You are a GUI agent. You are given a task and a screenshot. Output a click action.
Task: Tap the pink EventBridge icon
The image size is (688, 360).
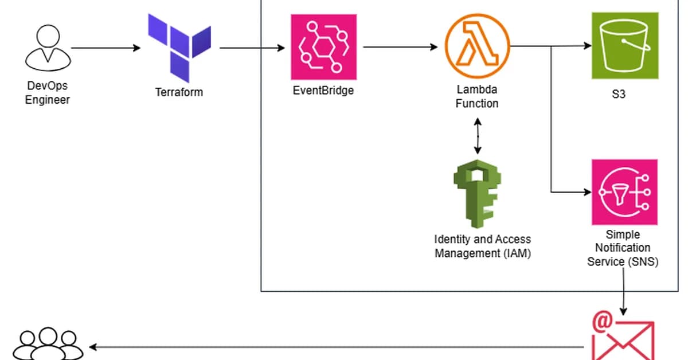click(323, 47)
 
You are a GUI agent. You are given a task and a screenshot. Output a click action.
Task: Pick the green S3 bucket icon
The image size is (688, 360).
click(625, 46)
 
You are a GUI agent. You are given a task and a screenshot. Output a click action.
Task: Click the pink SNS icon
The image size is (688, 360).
click(625, 192)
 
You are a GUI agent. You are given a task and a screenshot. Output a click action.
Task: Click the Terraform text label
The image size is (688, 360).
click(179, 92)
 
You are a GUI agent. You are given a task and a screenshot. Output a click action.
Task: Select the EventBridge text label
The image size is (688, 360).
click(323, 91)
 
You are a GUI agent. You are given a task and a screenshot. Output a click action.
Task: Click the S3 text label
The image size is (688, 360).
click(619, 94)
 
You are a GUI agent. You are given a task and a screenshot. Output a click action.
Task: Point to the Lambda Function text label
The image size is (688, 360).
click(477, 97)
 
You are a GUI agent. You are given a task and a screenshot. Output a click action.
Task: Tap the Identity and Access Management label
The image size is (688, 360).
click(482, 246)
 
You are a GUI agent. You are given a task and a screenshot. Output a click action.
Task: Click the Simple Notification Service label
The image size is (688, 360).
click(623, 248)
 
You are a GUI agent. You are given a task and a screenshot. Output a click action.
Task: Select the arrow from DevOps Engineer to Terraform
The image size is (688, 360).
click(105, 48)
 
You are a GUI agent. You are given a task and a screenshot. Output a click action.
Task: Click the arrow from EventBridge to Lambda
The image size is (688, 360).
click(400, 48)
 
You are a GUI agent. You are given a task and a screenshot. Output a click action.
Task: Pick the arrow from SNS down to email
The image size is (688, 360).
click(623, 289)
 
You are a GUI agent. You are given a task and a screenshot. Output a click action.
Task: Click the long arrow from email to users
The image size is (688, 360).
click(338, 346)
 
